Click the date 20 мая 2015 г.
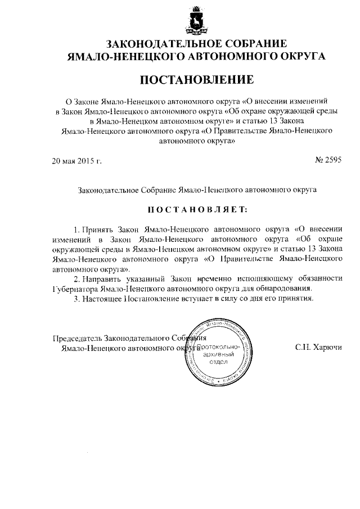(x=76, y=160)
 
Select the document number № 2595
(x=326, y=160)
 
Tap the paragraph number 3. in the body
(x=77, y=298)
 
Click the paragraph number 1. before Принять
(x=77, y=229)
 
